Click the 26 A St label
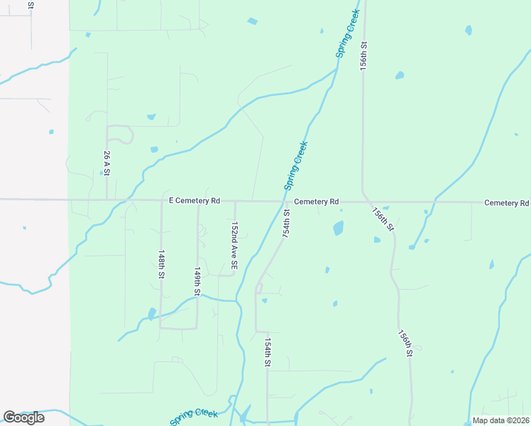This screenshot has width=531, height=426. coord(106,163)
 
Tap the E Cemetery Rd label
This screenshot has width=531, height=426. coord(195,202)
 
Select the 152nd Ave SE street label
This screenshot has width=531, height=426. coord(234,244)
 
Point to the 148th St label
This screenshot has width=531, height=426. coord(162,263)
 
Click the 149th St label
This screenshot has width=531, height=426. coord(197,282)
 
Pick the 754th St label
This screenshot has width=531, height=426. coord(288,223)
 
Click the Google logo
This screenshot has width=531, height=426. coord(24,417)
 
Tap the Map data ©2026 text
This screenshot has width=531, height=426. coord(500,420)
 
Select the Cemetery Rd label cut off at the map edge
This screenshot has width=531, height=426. coord(507,203)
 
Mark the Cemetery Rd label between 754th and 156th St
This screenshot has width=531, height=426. coord(316,202)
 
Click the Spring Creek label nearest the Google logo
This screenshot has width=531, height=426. coord(194,416)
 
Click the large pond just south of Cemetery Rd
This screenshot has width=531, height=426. coord(338,228)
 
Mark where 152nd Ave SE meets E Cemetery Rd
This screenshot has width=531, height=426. coord(234,201)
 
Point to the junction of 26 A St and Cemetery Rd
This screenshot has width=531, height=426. coord(106,200)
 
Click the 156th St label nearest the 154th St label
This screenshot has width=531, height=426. coord(405,344)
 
